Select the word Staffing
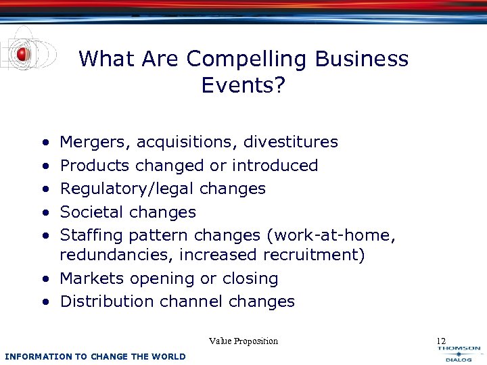(91, 235)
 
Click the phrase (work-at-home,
(331, 235)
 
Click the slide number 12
(441, 341)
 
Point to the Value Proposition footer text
(243, 341)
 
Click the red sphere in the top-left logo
(24, 54)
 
